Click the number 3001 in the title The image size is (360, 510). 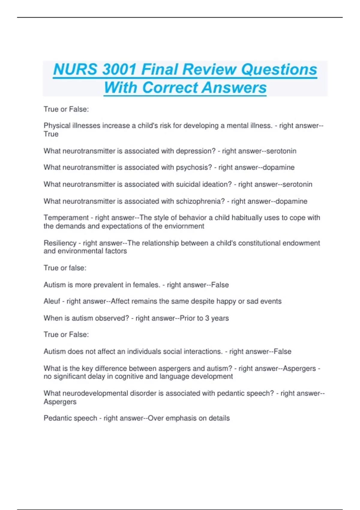click(119, 69)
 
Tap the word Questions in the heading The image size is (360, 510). click(279, 69)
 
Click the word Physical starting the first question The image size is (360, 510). click(56, 126)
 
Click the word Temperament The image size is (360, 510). click(66, 217)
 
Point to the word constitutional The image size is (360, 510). click(255, 243)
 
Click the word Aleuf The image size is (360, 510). click(52, 301)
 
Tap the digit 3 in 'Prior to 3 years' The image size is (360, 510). click(207, 318)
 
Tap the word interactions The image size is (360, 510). click(203, 351)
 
